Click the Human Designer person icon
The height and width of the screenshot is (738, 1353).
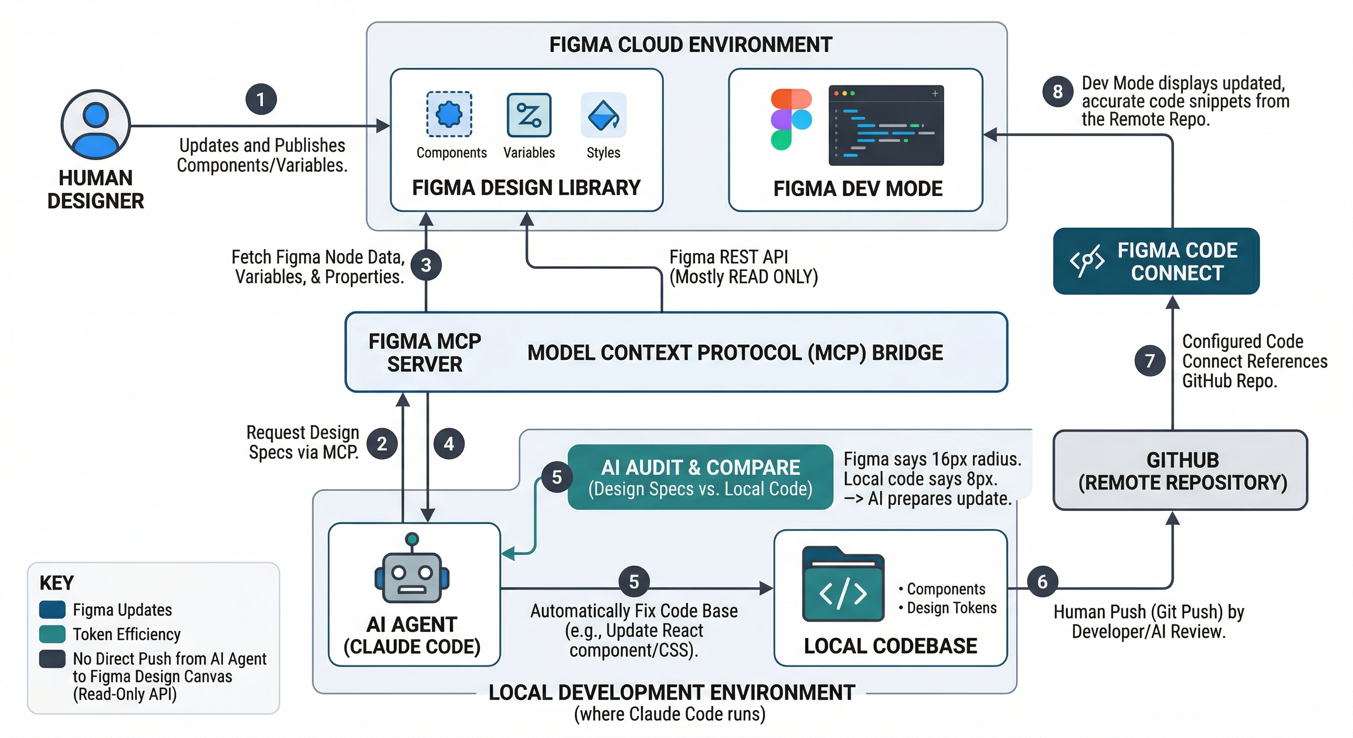[x=96, y=124]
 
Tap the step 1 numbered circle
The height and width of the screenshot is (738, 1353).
[x=261, y=99]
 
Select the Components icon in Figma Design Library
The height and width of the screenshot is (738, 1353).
[x=449, y=114]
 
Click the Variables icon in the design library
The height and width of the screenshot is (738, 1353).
[x=529, y=114]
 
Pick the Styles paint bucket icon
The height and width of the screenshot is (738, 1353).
[x=603, y=114]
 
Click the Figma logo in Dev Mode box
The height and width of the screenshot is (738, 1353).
[x=791, y=119]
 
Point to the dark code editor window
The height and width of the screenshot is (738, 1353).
[x=886, y=125]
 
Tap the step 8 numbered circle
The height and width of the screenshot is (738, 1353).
[x=1058, y=91]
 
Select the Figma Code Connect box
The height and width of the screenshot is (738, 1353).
[x=1156, y=261]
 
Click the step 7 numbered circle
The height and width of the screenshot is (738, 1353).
[x=1150, y=360]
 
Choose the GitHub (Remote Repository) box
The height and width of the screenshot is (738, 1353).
[x=1180, y=470]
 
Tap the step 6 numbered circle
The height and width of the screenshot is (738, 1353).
[x=1042, y=581]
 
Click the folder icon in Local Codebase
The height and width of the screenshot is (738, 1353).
[x=843, y=584]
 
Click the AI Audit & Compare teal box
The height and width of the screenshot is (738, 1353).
[x=700, y=477]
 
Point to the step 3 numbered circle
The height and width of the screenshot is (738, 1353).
[x=426, y=265]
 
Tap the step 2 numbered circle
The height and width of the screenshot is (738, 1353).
[x=382, y=444]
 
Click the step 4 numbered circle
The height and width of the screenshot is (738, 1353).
[x=449, y=444]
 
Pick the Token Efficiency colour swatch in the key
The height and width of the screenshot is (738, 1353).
[x=52, y=634]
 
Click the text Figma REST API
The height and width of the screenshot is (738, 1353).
[x=728, y=257]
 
